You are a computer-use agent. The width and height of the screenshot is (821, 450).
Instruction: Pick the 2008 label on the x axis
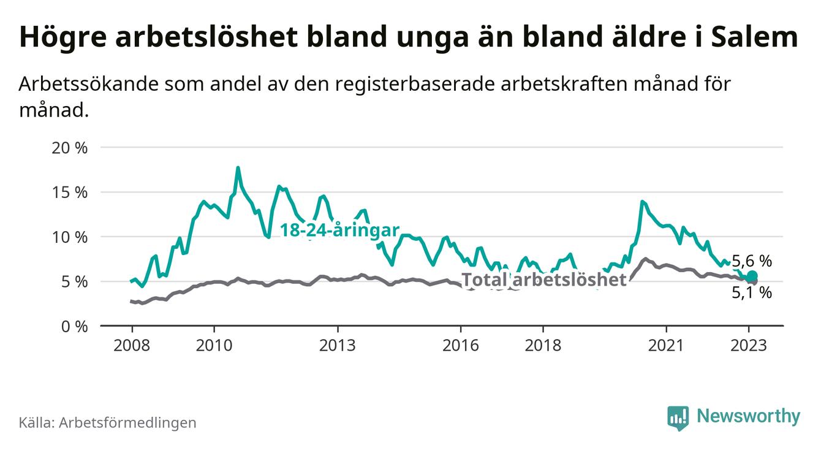pos(132,346)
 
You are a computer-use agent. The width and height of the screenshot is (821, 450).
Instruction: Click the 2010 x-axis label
pos(214,346)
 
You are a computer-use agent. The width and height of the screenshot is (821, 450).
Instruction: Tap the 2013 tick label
pos(338,346)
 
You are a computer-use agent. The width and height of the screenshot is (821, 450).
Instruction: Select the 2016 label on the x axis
pos(461,346)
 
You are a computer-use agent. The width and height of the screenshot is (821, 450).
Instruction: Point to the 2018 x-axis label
pos(543,346)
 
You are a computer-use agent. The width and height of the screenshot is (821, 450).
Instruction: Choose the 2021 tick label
pos(666,346)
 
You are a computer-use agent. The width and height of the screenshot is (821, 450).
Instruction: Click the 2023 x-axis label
pos(749,346)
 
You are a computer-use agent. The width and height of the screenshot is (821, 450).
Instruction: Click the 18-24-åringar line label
pos(339,231)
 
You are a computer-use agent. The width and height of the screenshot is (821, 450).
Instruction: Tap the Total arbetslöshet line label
pos(544,280)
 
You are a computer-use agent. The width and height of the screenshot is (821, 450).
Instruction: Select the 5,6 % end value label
pos(752,261)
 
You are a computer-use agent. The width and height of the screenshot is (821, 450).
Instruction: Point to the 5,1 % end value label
pos(752,293)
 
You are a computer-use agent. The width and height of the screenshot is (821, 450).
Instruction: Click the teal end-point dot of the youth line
pos(752,276)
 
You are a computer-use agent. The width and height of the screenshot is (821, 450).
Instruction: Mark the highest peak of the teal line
pos(238,168)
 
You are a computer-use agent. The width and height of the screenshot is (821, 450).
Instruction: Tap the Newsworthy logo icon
pos(678,418)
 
